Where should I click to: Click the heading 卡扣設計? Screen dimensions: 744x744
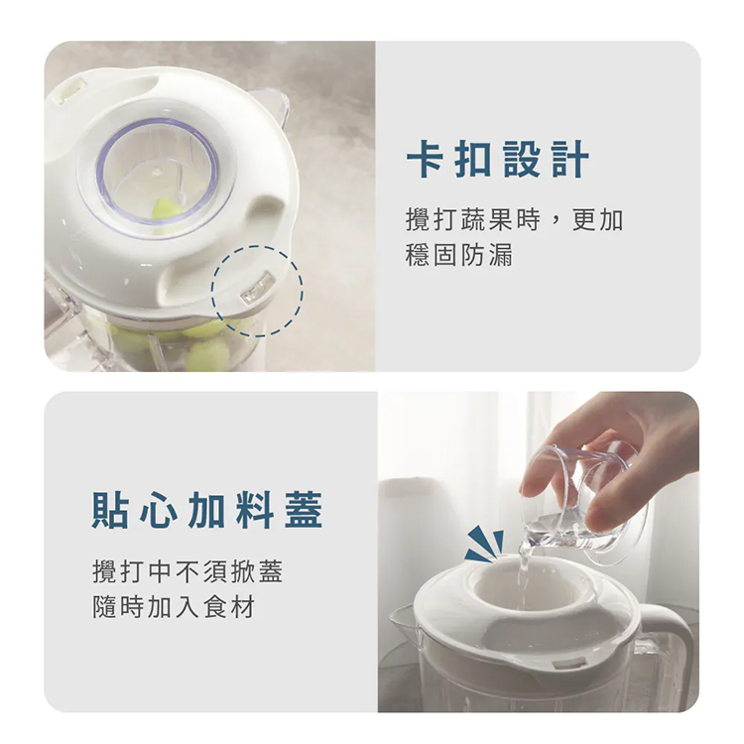point(498,159)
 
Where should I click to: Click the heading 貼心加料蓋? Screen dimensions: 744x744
point(207,510)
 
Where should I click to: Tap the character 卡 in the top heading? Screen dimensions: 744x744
point(425,159)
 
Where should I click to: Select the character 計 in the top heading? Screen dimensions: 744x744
point(570,159)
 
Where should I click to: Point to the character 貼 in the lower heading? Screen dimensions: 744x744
point(110,510)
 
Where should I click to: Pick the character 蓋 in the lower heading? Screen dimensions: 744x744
point(304,510)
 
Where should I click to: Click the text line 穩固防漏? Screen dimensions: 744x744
point(459,255)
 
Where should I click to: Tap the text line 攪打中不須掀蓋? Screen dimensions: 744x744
point(187,571)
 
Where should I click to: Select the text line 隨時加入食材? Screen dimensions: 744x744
point(174,607)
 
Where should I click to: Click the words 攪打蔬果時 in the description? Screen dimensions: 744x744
point(472,219)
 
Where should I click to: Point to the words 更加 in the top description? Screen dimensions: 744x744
point(597,219)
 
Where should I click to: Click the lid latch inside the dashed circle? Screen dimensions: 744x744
point(257,288)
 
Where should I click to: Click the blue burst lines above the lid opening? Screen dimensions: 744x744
point(485,544)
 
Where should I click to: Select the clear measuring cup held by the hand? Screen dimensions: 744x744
point(583,503)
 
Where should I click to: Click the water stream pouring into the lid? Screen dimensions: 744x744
point(524,569)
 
